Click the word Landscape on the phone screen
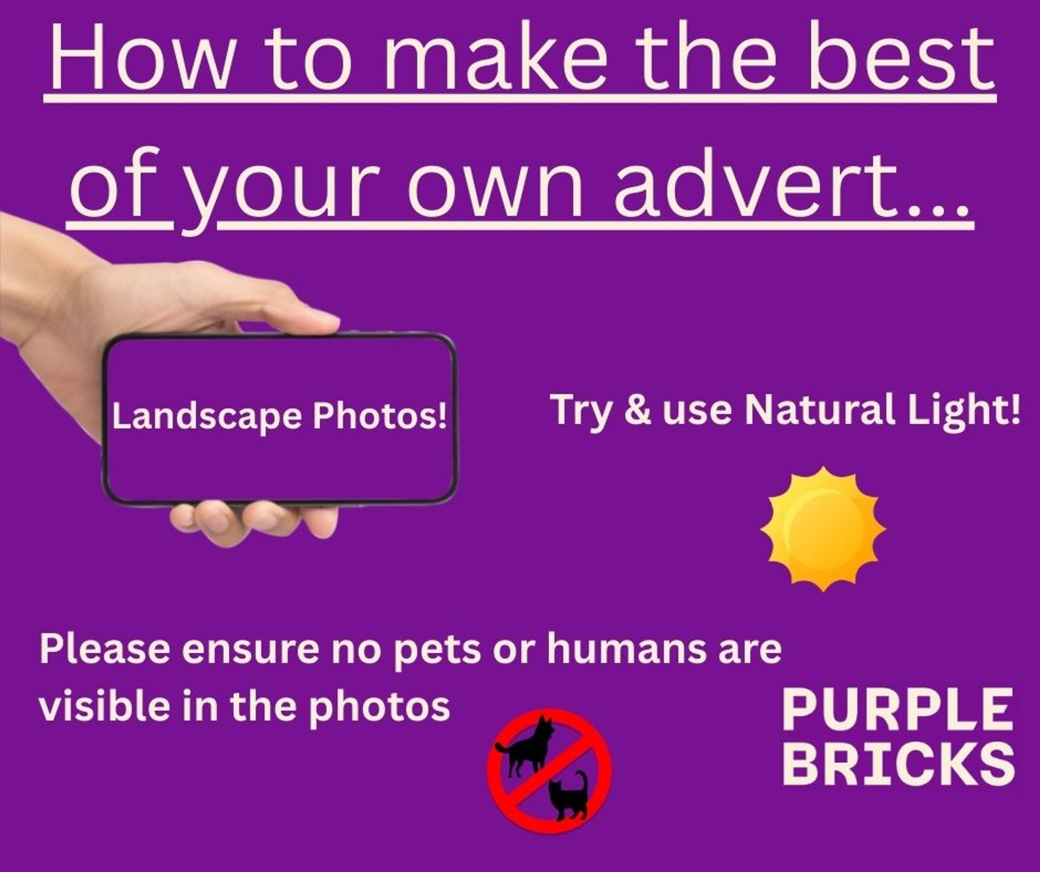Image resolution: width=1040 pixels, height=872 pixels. coord(207,417)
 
